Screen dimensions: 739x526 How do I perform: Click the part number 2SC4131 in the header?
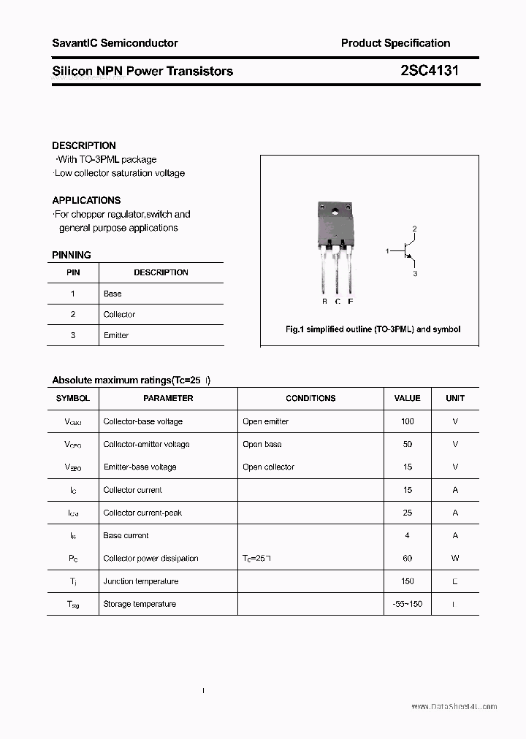[430, 71]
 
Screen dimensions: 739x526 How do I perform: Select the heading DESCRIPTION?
[84, 145]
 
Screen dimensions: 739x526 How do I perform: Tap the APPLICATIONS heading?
[86, 200]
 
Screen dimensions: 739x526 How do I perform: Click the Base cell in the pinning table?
[113, 294]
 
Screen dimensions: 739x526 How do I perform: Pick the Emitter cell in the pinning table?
[116, 335]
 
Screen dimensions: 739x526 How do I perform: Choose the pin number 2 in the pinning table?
[73, 315]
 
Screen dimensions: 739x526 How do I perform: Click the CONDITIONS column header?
[310, 399]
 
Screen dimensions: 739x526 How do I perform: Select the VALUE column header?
[407, 399]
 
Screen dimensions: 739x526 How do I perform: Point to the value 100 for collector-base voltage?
[407, 421]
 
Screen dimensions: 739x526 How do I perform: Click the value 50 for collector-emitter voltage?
[407, 444]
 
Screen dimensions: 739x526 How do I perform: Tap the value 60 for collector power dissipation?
[407, 559]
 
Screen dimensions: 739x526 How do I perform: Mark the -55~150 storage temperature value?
[407, 605]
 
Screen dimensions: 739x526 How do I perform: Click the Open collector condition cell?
[268, 467]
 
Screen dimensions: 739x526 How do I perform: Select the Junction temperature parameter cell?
[140, 582]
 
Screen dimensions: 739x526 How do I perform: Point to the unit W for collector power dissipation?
[455, 559]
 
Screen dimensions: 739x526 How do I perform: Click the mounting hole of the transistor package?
[335, 212]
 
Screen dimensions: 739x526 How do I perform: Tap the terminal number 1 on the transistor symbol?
[387, 251]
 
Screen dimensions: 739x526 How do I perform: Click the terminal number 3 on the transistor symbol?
[415, 273]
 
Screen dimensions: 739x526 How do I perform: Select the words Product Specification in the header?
[395, 43]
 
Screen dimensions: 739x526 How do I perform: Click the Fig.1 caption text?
[373, 329]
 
